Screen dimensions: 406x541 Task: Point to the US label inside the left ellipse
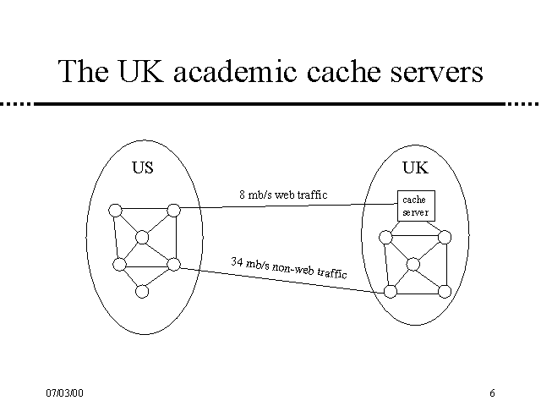point(143,167)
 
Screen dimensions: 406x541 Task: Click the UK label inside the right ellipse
point(415,167)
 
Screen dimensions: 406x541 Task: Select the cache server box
point(416,206)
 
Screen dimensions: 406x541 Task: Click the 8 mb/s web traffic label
point(283,195)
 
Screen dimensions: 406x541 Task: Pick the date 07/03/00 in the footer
point(65,393)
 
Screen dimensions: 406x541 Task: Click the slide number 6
point(491,393)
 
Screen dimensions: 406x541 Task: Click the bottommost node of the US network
point(142,291)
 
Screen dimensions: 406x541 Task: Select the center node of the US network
point(142,237)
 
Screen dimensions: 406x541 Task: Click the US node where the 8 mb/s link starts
point(173,210)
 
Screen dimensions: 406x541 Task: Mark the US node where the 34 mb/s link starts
point(173,265)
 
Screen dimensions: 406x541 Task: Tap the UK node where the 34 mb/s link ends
point(391,292)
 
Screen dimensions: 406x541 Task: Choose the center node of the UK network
point(413,265)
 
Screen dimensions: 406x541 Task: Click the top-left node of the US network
point(115,211)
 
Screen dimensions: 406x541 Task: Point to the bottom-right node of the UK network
point(443,291)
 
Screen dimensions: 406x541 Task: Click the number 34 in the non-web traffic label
point(238,261)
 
